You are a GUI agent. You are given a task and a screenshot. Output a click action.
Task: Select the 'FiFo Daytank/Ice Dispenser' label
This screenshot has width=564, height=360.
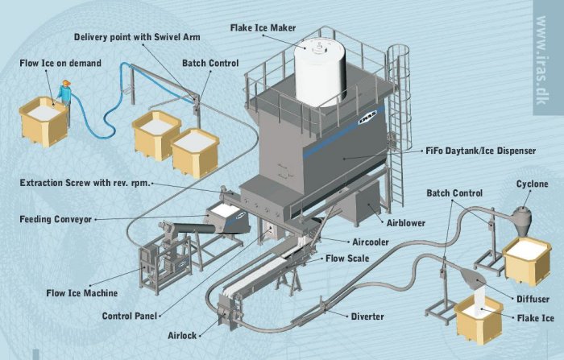(x=481, y=151)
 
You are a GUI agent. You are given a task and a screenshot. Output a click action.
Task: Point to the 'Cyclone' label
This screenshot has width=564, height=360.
(x=532, y=184)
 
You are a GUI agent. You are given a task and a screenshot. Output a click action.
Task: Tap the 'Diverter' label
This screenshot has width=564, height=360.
(x=367, y=317)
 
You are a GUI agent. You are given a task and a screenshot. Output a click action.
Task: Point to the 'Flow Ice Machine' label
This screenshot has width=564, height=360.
(x=81, y=293)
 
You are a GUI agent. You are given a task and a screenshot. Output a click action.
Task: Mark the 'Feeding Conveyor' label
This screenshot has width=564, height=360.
(x=56, y=218)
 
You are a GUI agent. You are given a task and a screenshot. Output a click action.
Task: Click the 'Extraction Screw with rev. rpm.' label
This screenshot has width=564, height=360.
(x=84, y=183)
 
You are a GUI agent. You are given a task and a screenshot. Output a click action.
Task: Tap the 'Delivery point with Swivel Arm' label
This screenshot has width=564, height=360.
(x=137, y=37)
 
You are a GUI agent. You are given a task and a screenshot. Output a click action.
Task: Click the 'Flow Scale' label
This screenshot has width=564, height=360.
(x=347, y=259)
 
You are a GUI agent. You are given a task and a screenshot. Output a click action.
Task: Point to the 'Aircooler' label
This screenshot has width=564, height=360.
(x=371, y=242)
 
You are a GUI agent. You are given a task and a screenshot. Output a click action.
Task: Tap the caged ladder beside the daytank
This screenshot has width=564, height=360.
(x=397, y=121)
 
